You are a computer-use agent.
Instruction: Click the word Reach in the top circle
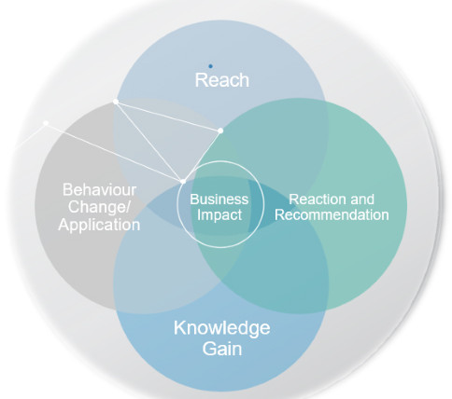(x=221, y=80)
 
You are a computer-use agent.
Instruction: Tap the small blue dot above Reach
(x=210, y=66)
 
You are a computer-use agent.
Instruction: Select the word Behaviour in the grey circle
(x=99, y=190)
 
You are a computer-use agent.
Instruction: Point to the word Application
(x=99, y=225)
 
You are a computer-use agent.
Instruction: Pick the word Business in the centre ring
(x=219, y=199)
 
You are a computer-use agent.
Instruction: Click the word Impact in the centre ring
(x=219, y=214)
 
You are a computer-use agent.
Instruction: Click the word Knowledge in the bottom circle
(x=221, y=328)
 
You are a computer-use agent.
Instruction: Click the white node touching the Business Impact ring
(x=183, y=180)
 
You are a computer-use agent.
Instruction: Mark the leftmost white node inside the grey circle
(x=46, y=123)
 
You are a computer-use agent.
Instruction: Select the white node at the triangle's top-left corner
(x=116, y=101)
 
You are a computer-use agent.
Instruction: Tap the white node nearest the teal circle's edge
(x=220, y=131)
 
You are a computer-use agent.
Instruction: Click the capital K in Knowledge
(x=179, y=328)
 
